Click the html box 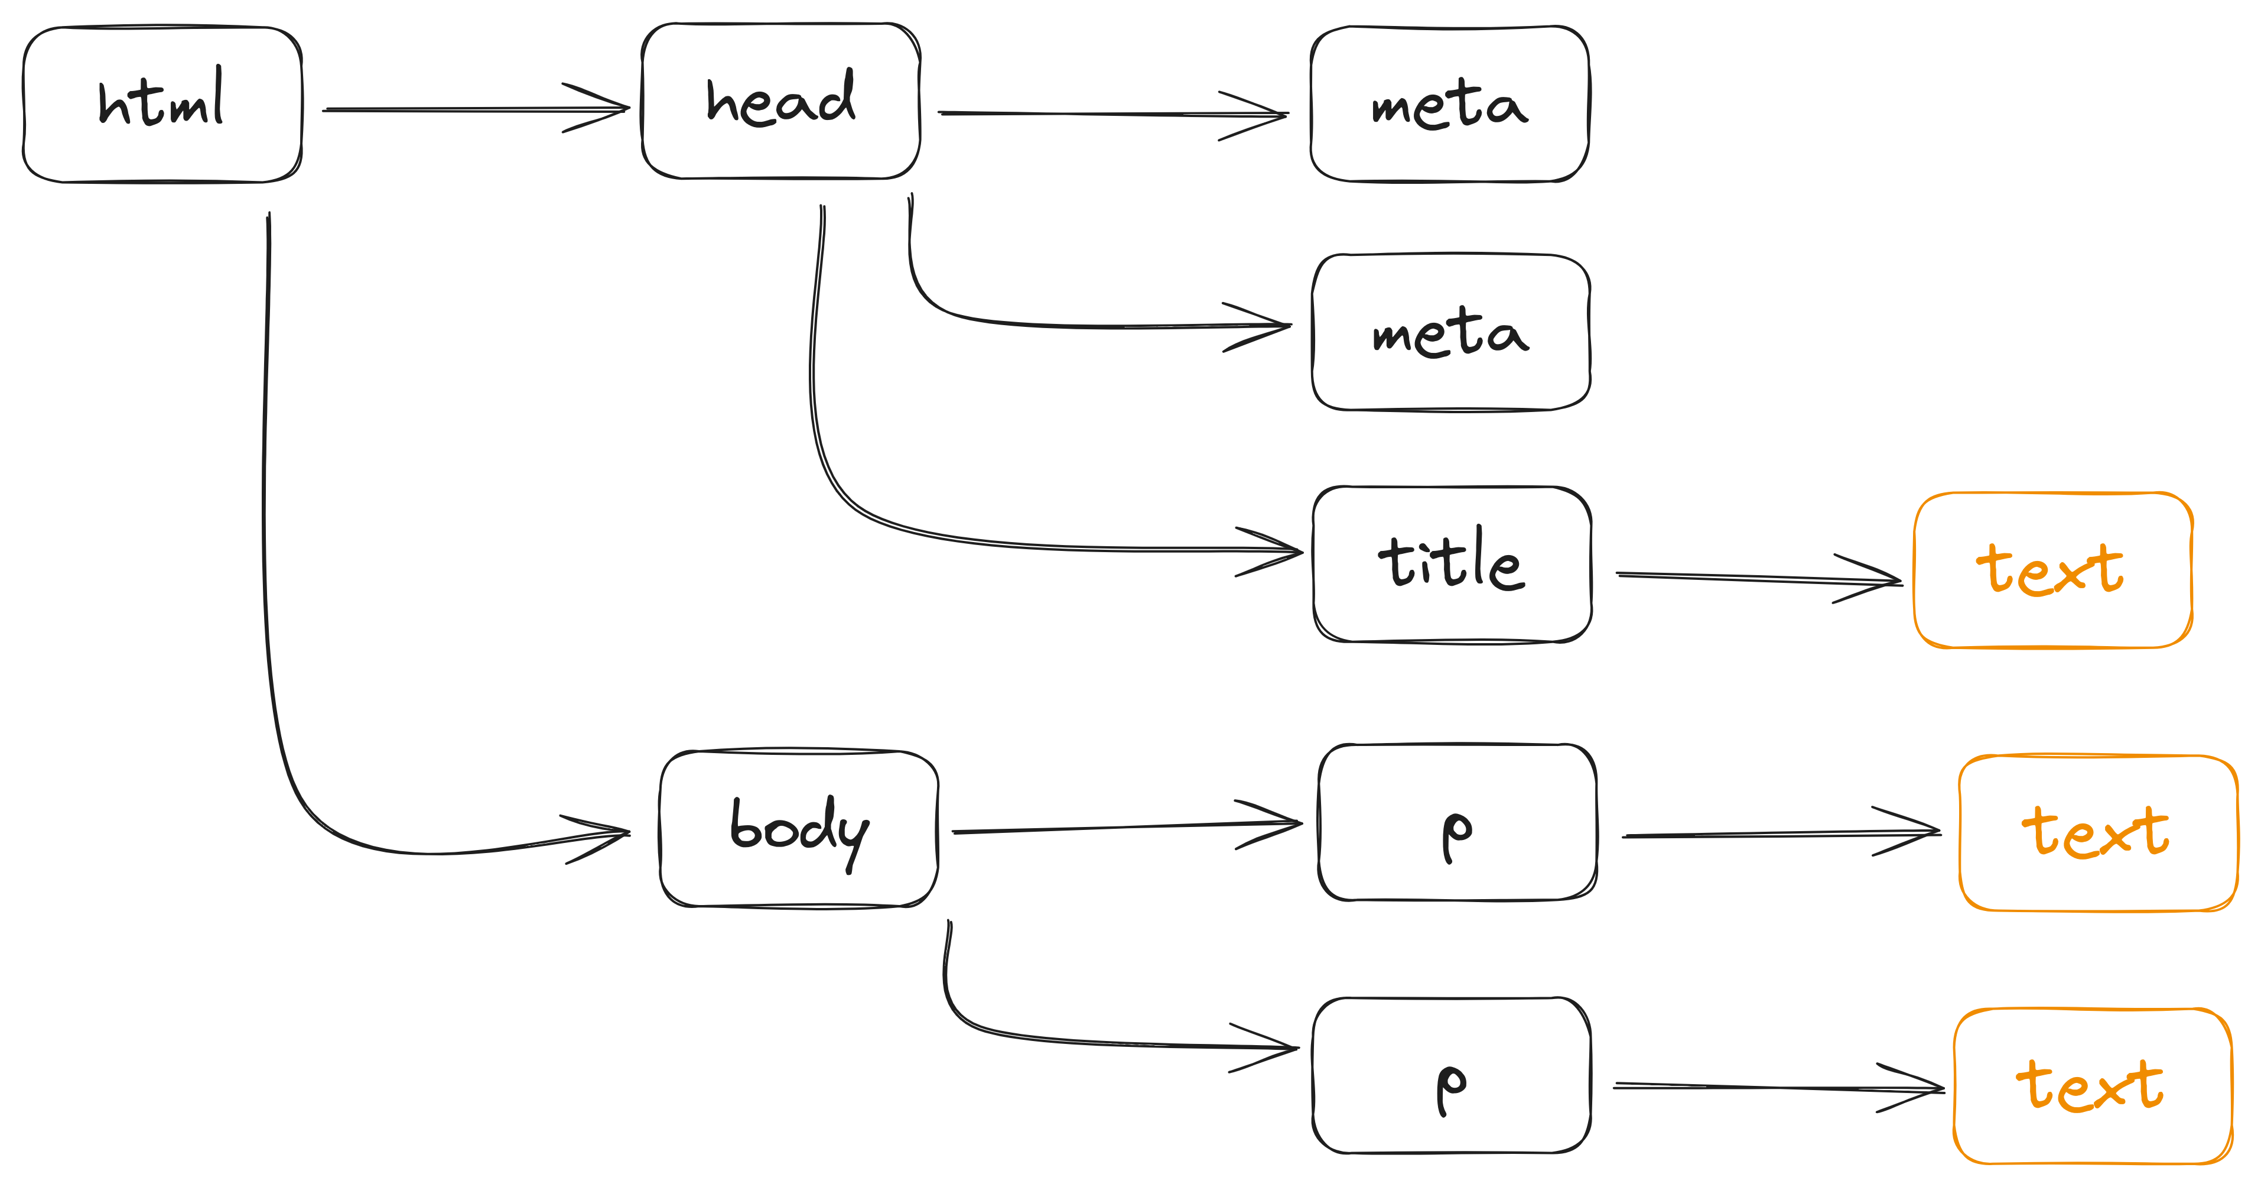click(x=162, y=105)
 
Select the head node click(x=781, y=101)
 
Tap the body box click(x=799, y=829)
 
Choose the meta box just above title click(x=1451, y=332)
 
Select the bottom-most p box click(x=1452, y=1075)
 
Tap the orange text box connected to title click(x=2054, y=570)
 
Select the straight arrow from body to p click(x=1128, y=827)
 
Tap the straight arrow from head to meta click(x=1113, y=114)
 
